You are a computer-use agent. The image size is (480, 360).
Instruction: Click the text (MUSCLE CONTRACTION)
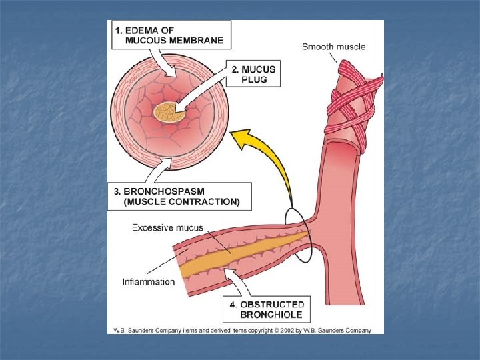(181, 201)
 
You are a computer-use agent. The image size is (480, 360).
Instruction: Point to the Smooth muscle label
(333, 47)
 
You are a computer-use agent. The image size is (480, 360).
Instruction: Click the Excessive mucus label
(167, 228)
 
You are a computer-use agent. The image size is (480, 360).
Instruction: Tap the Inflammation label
(149, 281)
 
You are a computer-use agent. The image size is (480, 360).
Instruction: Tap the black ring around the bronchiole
(299, 235)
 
